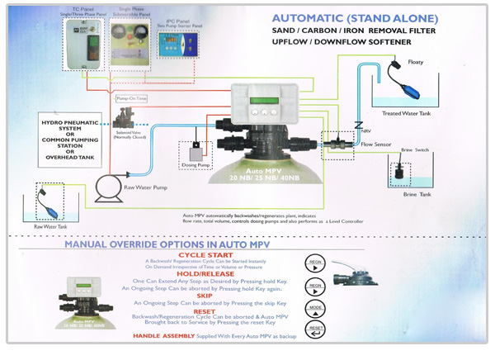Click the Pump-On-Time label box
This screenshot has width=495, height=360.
130,97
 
